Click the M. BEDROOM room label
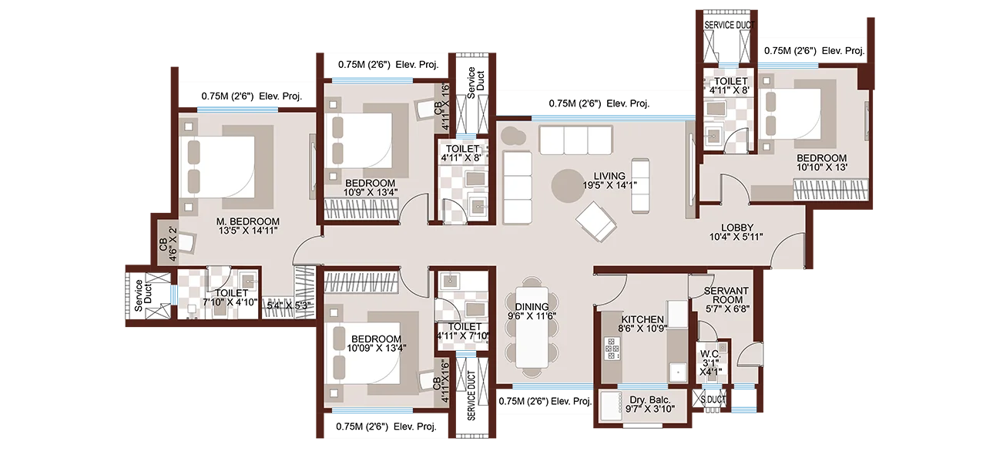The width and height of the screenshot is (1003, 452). point(248,221)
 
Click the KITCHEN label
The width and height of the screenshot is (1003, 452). point(642,319)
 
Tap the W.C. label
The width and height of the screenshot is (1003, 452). point(709,356)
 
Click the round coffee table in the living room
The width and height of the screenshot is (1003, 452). point(571,186)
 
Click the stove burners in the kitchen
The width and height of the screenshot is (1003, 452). point(613,352)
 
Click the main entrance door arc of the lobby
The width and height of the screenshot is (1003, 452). point(786,253)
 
